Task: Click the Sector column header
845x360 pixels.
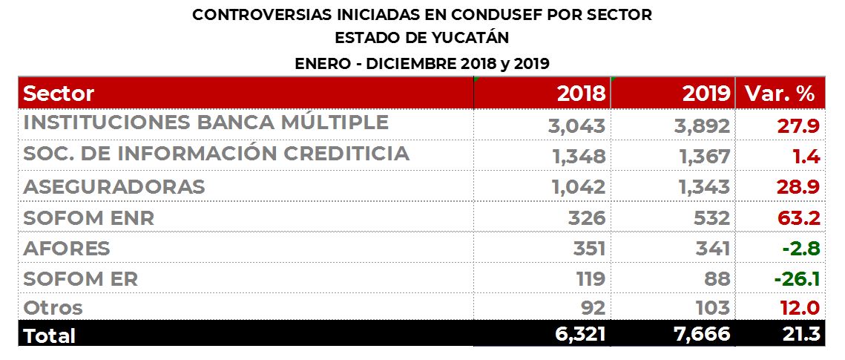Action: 59,94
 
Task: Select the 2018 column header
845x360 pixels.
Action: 581,94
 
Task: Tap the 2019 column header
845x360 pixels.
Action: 706,94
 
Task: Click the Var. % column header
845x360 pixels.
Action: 780,94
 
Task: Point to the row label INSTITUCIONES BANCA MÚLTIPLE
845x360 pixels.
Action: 206,122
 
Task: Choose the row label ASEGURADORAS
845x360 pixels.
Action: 114,187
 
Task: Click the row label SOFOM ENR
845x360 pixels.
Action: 89,218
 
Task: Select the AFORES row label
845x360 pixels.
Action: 67,248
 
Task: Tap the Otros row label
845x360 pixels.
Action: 53,307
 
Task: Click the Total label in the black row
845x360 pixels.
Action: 50,336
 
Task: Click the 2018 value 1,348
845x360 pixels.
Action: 579,157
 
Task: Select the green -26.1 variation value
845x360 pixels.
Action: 795,278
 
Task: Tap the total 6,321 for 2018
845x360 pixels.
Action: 580,335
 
